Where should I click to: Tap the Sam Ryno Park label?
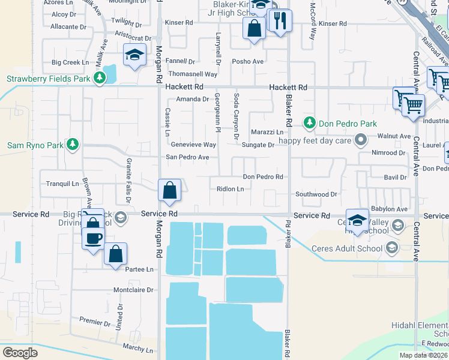click(x=34, y=145)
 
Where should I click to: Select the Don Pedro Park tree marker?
click(x=309, y=123)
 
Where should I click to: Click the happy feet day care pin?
click(x=360, y=140)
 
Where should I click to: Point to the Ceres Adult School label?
click(x=352, y=248)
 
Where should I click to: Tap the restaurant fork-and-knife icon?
click(x=279, y=22)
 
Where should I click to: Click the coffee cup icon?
click(x=93, y=238)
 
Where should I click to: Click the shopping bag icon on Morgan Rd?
click(x=170, y=190)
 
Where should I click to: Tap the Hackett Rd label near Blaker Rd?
click(x=288, y=88)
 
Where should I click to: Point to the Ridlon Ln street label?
click(x=231, y=189)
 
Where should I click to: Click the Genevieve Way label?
click(x=193, y=145)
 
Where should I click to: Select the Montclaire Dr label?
click(x=133, y=290)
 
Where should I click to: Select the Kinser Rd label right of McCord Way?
click(x=333, y=23)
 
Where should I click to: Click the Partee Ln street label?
click(x=139, y=269)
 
